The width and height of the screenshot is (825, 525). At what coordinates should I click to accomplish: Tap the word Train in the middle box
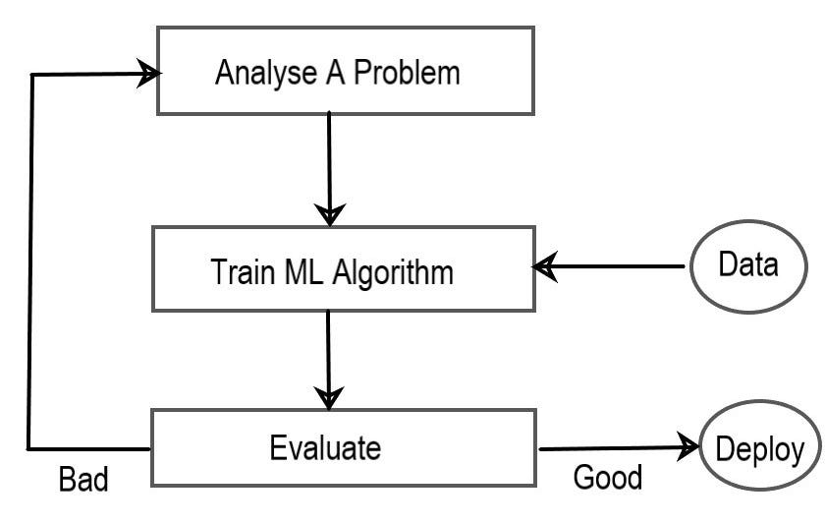pyautogui.click(x=238, y=271)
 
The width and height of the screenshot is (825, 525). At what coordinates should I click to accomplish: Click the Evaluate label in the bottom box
pyautogui.click(x=325, y=448)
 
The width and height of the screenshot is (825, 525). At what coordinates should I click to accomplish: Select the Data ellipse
pyautogui.click(x=748, y=264)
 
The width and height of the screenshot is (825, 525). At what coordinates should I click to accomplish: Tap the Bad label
pyautogui.click(x=82, y=481)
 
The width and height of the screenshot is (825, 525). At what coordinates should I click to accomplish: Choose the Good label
pyautogui.click(x=607, y=478)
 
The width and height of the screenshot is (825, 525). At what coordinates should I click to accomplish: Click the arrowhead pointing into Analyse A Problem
pyautogui.click(x=147, y=74)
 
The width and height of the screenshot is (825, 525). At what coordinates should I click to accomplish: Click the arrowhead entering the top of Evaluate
pyautogui.click(x=328, y=397)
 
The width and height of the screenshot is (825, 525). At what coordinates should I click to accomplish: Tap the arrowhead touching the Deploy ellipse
pyautogui.click(x=691, y=448)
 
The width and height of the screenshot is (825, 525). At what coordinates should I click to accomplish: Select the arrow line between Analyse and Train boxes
pyautogui.click(x=329, y=157)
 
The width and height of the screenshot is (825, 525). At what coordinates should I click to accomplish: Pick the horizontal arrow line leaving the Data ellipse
pyautogui.click(x=619, y=265)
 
